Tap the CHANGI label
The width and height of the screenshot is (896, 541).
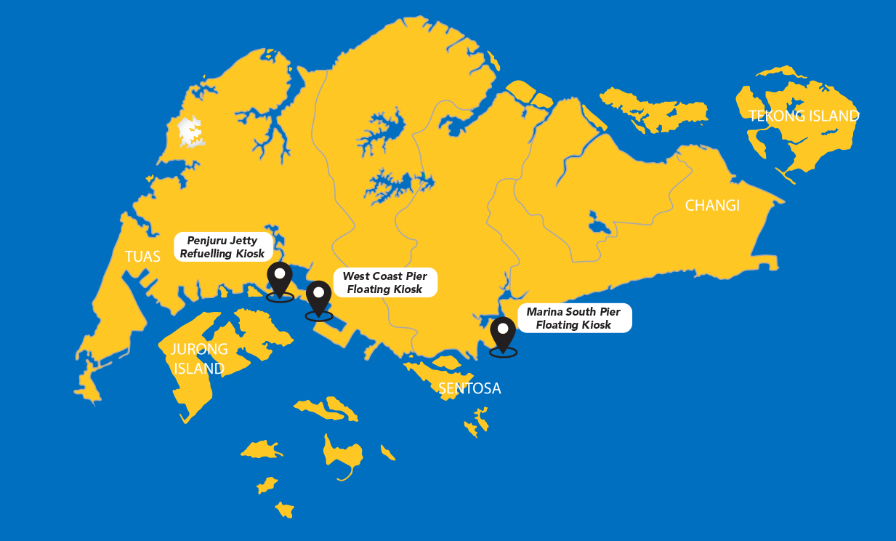point(711,206)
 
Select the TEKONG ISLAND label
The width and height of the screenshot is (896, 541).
point(804,116)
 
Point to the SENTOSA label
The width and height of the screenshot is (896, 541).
point(469,388)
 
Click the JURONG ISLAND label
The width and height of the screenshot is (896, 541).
point(198,358)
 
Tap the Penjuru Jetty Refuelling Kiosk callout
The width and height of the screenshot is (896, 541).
point(222,247)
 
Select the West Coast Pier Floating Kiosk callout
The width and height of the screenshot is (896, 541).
point(384,283)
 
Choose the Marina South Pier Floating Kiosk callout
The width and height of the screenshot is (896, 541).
point(573,318)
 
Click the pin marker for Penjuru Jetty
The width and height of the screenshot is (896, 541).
point(280,278)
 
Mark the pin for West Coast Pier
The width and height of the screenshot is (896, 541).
point(318,297)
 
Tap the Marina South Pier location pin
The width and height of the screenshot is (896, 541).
point(503,333)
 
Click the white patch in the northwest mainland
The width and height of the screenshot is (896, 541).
point(191,132)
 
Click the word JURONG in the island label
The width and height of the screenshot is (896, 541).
point(198,349)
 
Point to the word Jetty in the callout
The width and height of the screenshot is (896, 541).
point(241,241)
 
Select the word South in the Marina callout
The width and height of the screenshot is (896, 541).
point(581,312)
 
